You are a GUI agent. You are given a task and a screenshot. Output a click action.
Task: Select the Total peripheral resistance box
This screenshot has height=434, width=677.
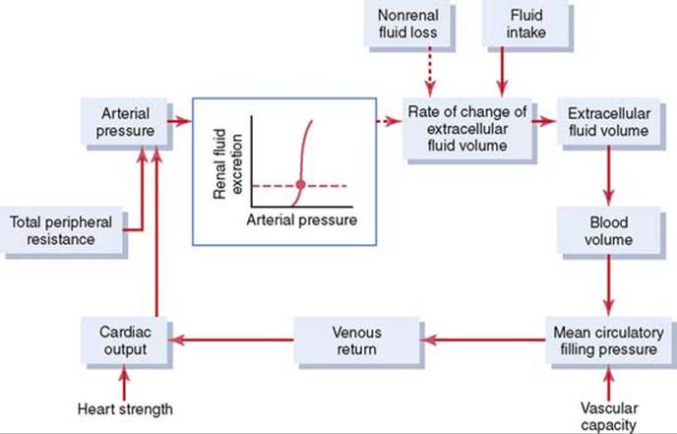(62, 230)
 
